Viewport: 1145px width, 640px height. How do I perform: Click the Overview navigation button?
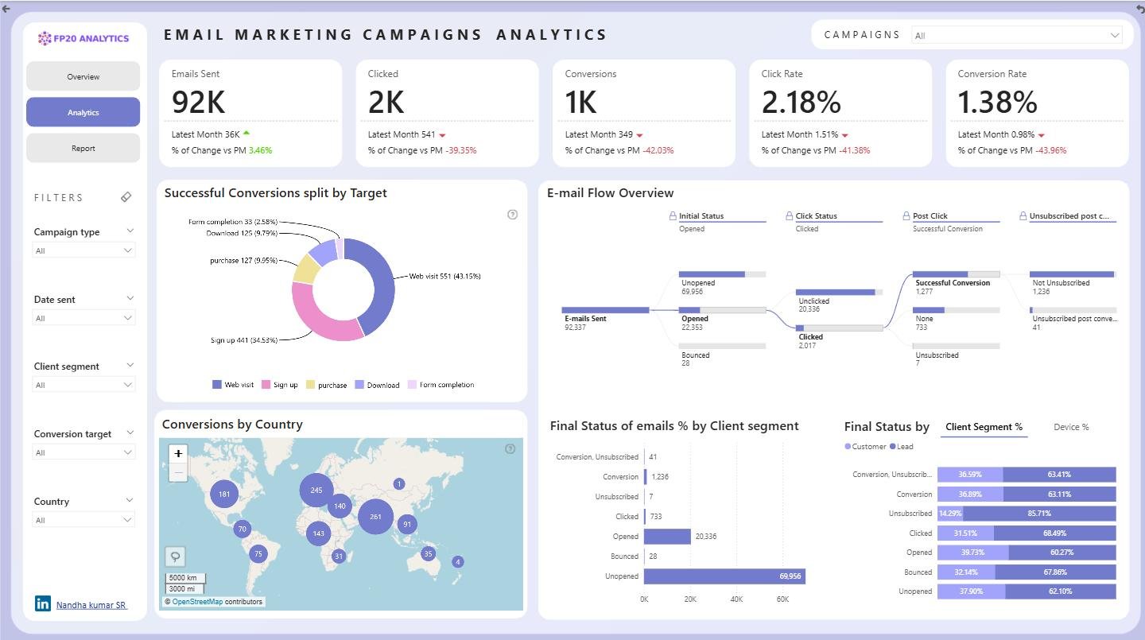[83, 76]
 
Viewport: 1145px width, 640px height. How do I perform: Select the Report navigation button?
[83, 148]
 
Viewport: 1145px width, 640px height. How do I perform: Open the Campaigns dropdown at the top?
[1016, 35]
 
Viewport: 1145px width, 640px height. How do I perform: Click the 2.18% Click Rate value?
[801, 102]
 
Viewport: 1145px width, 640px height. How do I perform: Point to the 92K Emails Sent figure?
[198, 102]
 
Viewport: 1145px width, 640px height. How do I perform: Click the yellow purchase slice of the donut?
[305, 269]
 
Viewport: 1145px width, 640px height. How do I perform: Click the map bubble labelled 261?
[375, 517]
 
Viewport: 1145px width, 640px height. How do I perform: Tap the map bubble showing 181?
[224, 494]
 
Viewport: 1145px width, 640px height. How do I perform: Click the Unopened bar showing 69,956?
[724, 576]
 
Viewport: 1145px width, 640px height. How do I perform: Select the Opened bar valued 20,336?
[667, 536]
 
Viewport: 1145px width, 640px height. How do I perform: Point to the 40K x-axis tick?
[736, 599]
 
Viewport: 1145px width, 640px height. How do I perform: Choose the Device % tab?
[1071, 427]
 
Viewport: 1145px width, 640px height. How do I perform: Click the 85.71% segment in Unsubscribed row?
[1038, 514]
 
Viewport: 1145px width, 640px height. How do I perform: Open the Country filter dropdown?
[83, 520]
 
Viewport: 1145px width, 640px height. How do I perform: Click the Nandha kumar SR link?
[91, 605]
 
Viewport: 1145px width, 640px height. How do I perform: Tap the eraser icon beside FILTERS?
[126, 197]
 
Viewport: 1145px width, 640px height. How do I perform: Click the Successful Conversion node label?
[953, 283]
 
